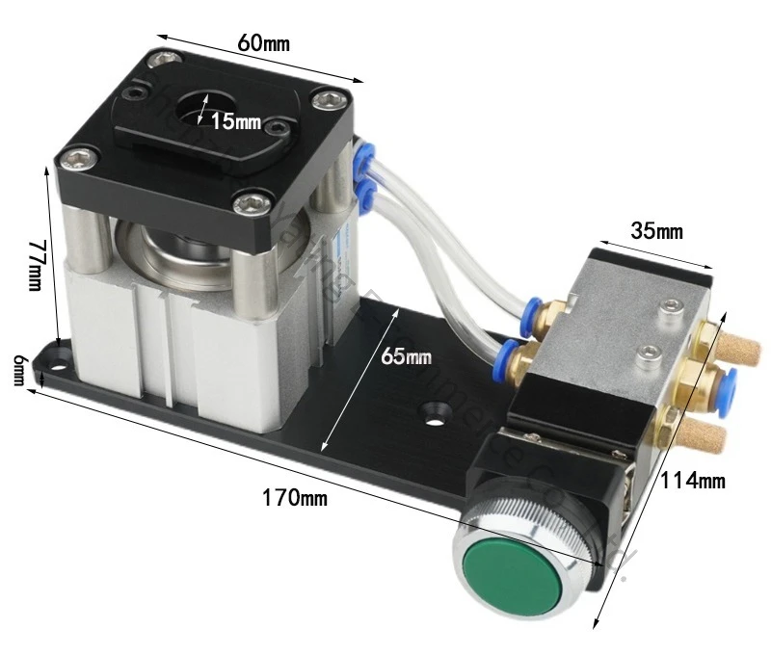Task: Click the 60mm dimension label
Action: click(263, 43)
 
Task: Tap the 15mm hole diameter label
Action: click(236, 122)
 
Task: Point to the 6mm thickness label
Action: click(18, 368)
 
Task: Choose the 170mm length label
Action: click(294, 498)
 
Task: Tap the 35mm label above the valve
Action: click(657, 231)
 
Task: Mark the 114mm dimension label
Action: click(693, 481)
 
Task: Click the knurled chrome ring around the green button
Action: click(501, 525)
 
